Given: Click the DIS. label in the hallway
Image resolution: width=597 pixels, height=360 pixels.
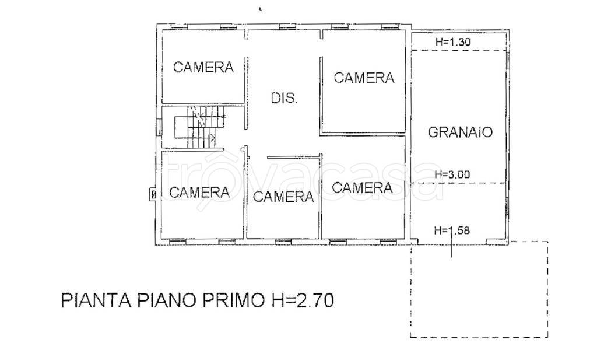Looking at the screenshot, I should (284, 98).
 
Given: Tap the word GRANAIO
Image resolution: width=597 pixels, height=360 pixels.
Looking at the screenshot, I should (460, 132).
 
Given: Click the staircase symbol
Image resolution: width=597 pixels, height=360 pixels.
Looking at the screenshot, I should (200, 127).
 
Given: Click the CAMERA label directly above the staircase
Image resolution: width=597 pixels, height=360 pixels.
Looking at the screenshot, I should (203, 67).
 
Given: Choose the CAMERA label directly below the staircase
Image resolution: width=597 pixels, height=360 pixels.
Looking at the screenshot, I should (199, 191).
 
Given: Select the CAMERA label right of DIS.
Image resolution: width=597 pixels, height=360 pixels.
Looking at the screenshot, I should (364, 77).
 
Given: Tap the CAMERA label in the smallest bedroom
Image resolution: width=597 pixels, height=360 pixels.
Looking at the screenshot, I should (283, 197).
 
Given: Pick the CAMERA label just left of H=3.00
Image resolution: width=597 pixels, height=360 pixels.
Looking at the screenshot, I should (362, 188).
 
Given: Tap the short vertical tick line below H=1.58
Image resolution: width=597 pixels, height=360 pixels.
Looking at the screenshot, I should (452, 247).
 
